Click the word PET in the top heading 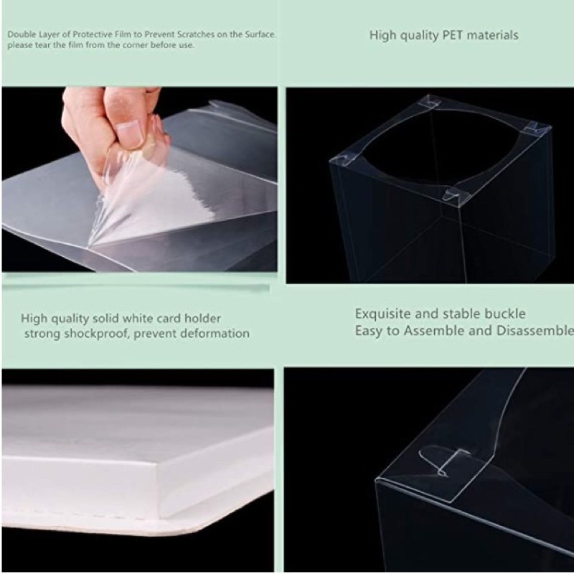453,35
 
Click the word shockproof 96,334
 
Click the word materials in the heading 492,35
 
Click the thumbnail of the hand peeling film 139,179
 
